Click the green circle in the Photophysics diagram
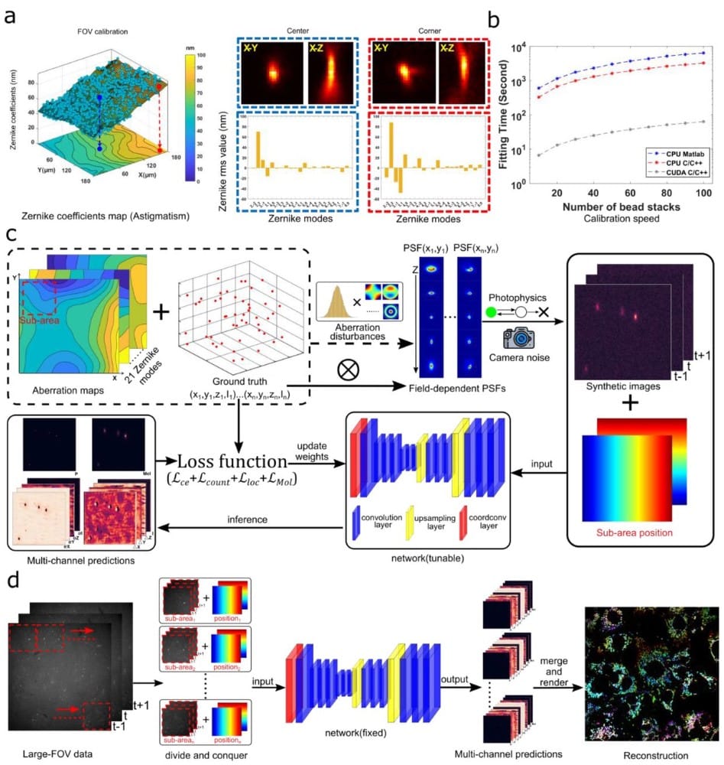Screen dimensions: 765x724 (x=493, y=312)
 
